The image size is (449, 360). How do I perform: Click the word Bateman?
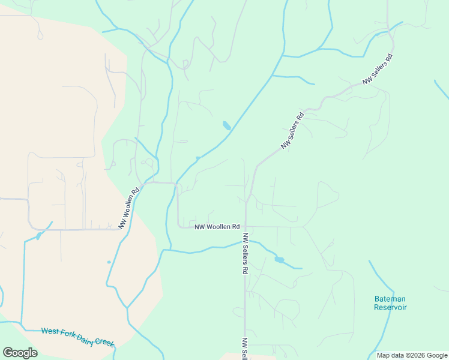click(390, 299)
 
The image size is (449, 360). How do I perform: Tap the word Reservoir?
click(390, 307)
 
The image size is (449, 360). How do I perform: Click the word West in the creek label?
click(50, 331)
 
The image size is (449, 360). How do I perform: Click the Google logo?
click(20, 352)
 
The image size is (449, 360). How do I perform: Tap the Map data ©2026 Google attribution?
click(412, 355)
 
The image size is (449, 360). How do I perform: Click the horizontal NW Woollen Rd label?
click(217, 227)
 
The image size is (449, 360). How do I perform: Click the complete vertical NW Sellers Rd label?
click(246, 254)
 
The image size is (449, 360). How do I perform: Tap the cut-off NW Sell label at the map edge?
click(245, 349)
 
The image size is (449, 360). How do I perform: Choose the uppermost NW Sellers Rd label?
click(377, 69)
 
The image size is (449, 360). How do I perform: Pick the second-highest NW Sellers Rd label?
click(293, 130)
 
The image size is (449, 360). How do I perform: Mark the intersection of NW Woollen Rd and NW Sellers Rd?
click(246, 227)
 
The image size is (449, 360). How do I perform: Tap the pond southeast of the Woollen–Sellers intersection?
click(279, 260)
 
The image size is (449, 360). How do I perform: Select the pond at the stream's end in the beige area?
click(38, 236)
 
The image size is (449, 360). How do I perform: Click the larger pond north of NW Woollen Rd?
click(226, 125)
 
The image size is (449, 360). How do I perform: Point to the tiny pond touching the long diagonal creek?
click(197, 158)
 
